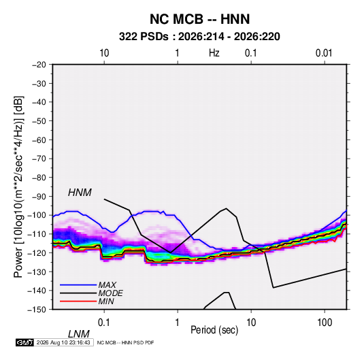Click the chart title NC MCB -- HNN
(x=199, y=19)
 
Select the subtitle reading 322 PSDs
(x=144, y=37)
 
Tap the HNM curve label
(x=80, y=193)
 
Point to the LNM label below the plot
(x=79, y=334)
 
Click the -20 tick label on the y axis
(x=39, y=65)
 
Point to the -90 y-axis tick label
(x=39, y=197)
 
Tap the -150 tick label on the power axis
(x=37, y=310)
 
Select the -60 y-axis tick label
(x=39, y=140)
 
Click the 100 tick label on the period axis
(x=325, y=323)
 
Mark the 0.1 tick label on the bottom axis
(x=104, y=323)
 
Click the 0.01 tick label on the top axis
(x=324, y=53)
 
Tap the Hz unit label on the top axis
(x=214, y=53)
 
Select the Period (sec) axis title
(x=214, y=330)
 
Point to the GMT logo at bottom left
(x=24, y=342)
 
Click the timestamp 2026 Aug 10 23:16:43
(x=63, y=342)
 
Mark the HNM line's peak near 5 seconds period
(x=227, y=208)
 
